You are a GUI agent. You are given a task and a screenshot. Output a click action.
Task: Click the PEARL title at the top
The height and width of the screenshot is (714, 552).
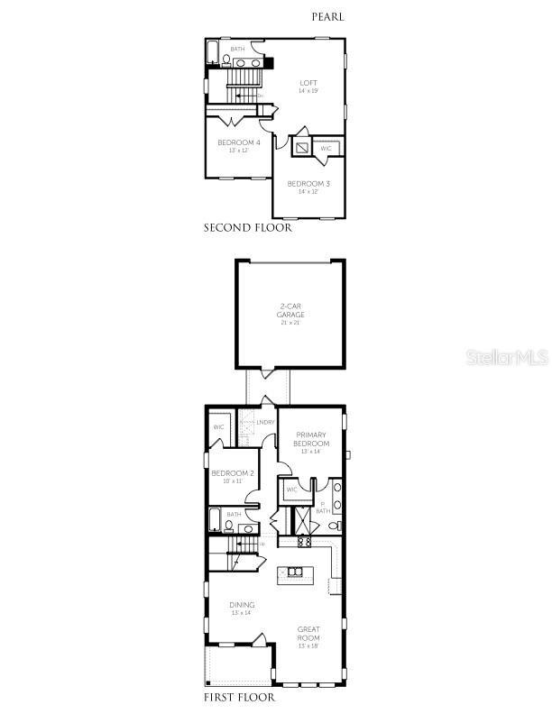coord(327,16)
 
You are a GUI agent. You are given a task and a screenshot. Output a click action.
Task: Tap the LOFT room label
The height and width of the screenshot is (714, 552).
coord(308,83)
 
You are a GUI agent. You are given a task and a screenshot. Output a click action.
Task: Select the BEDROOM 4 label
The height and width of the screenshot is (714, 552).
coord(239,142)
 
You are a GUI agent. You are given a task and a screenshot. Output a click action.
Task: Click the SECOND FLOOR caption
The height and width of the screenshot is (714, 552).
coord(247,228)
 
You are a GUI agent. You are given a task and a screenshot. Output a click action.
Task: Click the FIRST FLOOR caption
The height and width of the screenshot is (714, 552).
coord(239,697)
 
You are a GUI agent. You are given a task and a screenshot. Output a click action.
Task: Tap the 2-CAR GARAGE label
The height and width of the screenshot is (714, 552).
coord(290,312)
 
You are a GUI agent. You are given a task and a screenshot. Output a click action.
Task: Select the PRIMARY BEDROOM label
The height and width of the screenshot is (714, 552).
coord(311,439)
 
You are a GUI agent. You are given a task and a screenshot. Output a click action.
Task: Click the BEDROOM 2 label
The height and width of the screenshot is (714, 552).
coord(233,473)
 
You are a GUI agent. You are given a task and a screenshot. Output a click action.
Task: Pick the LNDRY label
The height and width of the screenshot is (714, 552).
coord(265,422)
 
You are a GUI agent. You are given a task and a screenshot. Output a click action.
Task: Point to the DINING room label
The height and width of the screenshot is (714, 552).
coord(242,605)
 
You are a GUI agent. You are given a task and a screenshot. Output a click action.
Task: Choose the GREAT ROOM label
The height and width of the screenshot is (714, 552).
coord(309,634)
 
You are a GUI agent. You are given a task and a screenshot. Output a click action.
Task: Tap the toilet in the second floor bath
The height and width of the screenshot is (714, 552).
coord(225,60)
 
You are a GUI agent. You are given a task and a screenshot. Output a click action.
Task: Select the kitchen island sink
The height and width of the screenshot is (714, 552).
coord(293,570)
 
